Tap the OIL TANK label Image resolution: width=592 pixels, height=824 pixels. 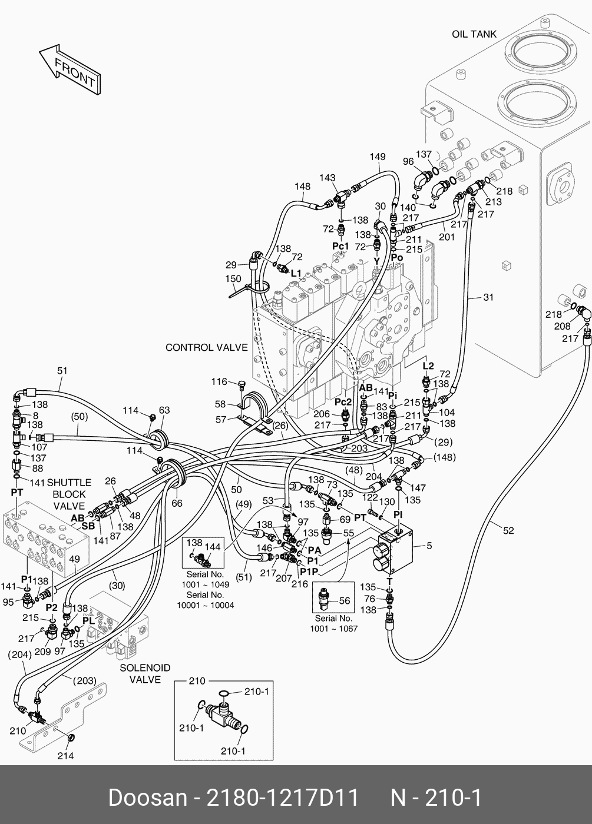pyautogui.click(x=474, y=34)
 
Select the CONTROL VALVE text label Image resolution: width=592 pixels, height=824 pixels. pyautogui.click(x=206, y=347)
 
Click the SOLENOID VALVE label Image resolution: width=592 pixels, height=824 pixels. pyautogui.click(x=145, y=673)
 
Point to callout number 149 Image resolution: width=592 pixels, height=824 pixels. pyautogui.click(x=378, y=157)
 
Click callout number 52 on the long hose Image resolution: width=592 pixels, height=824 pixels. pyautogui.click(x=508, y=530)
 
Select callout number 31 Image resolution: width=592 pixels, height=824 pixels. pyautogui.click(x=488, y=297)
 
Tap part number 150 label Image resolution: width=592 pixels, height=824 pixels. pyautogui.click(x=233, y=278)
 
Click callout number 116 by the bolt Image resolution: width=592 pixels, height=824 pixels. pyautogui.click(x=220, y=382)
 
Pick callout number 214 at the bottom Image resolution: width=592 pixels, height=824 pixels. pyautogui.click(x=65, y=756)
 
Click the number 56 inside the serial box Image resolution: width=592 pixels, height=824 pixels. pyautogui.click(x=344, y=600)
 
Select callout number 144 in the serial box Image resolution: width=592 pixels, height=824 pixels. pyautogui.click(x=213, y=547)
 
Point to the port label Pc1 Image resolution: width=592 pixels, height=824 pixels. pyautogui.click(x=340, y=246)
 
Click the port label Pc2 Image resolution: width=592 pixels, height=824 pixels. pyautogui.click(x=343, y=401)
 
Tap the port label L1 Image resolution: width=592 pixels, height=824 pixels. pyautogui.click(x=295, y=273)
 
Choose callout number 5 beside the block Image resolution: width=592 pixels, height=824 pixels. pyautogui.click(x=429, y=546)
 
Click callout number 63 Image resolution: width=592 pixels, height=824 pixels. pyautogui.click(x=164, y=410)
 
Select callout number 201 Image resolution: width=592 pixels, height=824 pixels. pyautogui.click(x=447, y=237)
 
